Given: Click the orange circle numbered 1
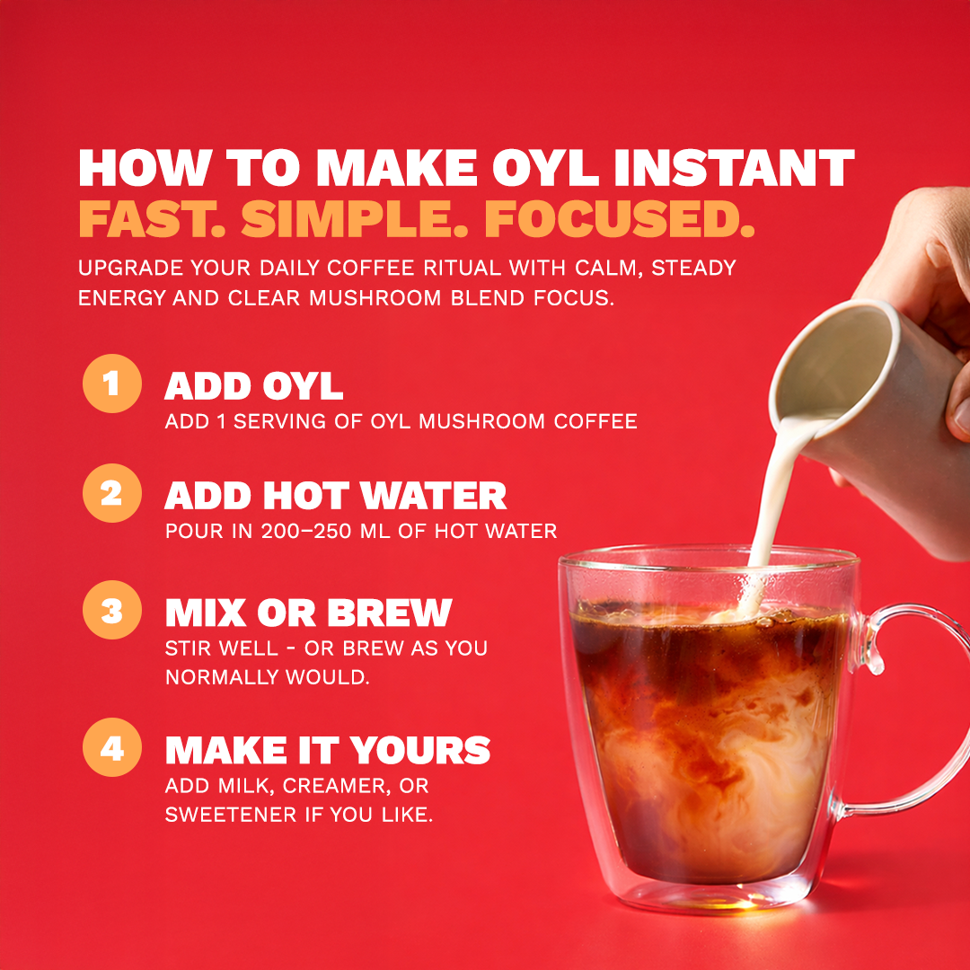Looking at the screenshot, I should click(111, 384).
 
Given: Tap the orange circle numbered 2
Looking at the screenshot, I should click(111, 494).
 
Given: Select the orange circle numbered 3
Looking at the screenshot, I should click(111, 612).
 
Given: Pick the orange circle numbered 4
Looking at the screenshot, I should click(111, 748).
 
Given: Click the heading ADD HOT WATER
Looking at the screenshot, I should click(335, 496).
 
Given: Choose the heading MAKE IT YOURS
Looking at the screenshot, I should click(327, 750).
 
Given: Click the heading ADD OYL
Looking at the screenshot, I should click(253, 386).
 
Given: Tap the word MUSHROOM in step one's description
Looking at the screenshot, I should click(457, 420).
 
